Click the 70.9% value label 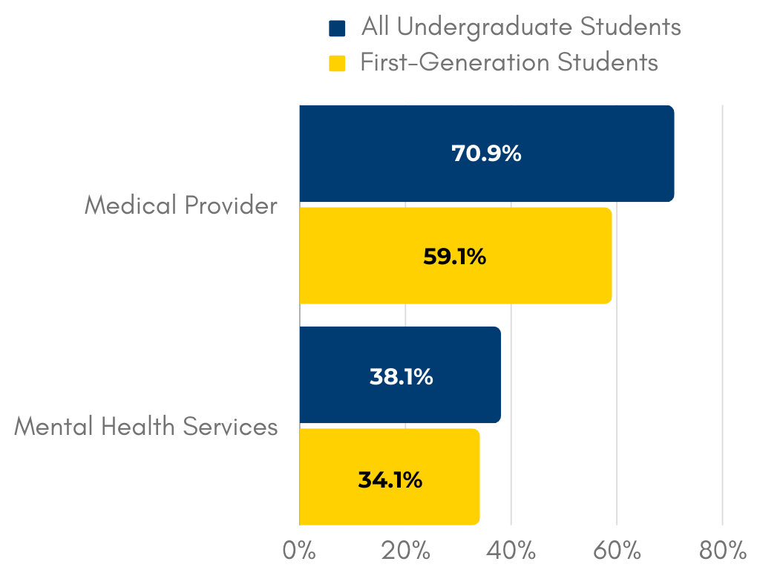pyautogui.click(x=486, y=154)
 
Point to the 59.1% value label pyautogui.click(x=454, y=256)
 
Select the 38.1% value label pyautogui.click(x=401, y=376)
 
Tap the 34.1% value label pyautogui.click(x=390, y=479)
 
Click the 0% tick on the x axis pyautogui.click(x=299, y=551)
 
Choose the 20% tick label pyautogui.click(x=405, y=551)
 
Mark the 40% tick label pyautogui.click(x=511, y=551)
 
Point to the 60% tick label pyautogui.click(x=617, y=551)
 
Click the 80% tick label pyautogui.click(x=722, y=551)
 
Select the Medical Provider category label pyautogui.click(x=180, y=205)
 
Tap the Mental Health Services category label pyautogui.click(x=145, y=427)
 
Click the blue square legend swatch pyautogui.click(x=337, y=29)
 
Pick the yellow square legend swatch pyautogui.click(x=337, y=63)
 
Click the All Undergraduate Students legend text pyautogui.click(x=521, y=27)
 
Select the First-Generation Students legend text pyautogui.click(x=509, y=62)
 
